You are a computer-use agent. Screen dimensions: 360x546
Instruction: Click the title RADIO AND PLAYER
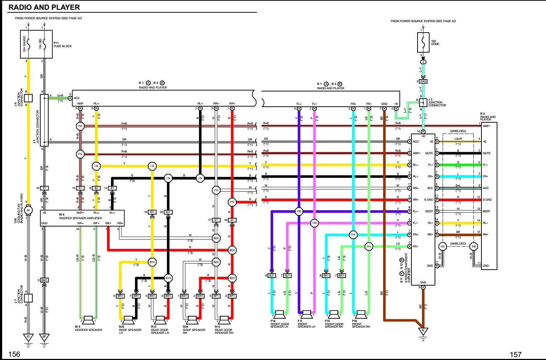pyautogui.click(x=44, y=7)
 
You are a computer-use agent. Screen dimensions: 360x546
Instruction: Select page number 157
pyautogui.click(x=516, y=355)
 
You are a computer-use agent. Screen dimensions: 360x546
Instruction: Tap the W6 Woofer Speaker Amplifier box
pyautogui.click(x=82, y=218)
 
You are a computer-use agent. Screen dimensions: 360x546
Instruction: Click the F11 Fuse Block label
pyautogui.click(x=63, y=45)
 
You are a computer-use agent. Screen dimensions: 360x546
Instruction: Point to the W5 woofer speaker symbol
pyautogui.click(x=88, y=320)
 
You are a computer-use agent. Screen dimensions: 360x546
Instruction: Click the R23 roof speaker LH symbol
pyautogui.click(x=128, y=320)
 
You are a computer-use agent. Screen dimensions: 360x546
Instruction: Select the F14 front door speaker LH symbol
pyautogui.click(x=279, y=314)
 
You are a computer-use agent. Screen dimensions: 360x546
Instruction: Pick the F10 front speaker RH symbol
pyautogui.click(x=361, y=314)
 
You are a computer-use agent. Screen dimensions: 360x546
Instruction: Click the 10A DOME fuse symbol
pyautogui.click(x=423, y=43)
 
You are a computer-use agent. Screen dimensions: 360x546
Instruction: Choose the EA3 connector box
pyautogui.click(x=423, y=82)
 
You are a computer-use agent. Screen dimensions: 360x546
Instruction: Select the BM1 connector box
pyautogui.click(x=45, y=280)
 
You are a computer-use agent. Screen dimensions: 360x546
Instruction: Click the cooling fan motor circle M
pyautogui.click(x=28, y=210)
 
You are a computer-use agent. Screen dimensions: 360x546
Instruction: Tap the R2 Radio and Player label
pyautogui.click(x=488, y=116)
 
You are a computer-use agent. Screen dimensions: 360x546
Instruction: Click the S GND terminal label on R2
pyautogui.click(x=487, y=200)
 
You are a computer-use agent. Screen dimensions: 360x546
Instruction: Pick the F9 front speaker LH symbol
pyautogui.click(x=307, y=314)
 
